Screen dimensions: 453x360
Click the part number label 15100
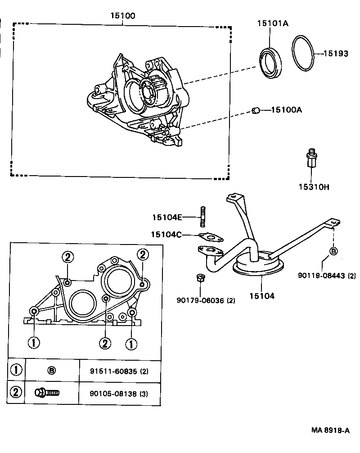pos(123,16)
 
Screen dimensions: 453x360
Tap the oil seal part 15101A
pos(271,60)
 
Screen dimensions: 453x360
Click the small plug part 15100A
pos(256,110)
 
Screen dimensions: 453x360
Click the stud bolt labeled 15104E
pos(203,218)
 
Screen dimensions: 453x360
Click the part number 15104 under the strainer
pos(262,296)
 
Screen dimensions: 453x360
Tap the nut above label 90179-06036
pos(201,278)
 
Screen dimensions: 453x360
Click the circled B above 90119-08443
pos(333,251)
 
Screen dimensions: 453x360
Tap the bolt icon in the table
pos(47,393)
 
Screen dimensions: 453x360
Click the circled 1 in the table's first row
pos(16,370)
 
